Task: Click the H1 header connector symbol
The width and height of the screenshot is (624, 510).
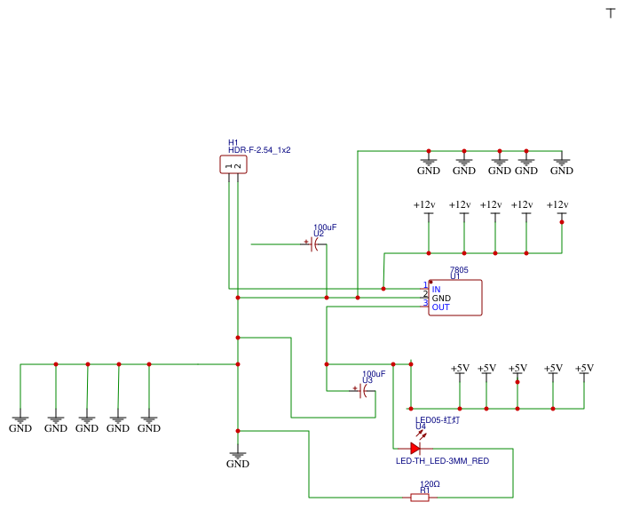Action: (233, 164)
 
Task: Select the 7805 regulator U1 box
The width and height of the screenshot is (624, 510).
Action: (455, 298)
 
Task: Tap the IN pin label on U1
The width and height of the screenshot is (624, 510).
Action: (436, 289)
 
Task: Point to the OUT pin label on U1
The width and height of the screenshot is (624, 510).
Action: (440, 307)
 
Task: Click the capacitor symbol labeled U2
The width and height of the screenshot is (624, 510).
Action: (313, 243)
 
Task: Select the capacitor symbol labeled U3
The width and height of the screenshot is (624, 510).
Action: (362, 390)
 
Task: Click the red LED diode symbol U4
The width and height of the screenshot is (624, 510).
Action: (415, 449)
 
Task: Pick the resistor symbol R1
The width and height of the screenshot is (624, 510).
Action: (420, 498)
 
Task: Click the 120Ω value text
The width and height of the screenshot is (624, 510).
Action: (430, 484)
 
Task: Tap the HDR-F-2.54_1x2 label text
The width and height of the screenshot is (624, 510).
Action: (259, 150)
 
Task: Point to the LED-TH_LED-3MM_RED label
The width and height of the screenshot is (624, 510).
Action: (442, 461)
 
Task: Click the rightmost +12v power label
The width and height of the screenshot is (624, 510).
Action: (557, 205)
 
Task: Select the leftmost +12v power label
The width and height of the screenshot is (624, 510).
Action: (424, 205)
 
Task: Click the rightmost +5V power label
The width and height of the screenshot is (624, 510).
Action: (584, 368)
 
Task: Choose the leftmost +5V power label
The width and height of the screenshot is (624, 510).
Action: (460, 368)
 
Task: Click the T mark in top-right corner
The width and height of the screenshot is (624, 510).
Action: (610, 12)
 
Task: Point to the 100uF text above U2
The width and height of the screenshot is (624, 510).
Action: (325, 227)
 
